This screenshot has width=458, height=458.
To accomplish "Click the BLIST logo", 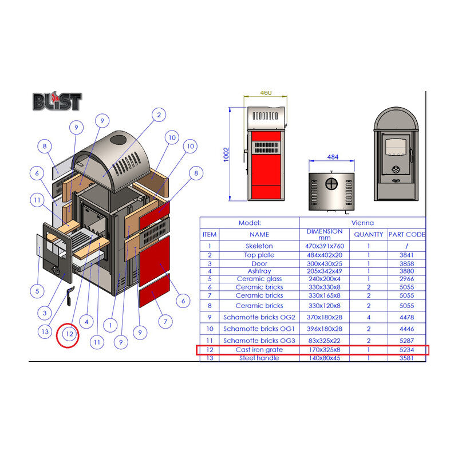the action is pos(57,101).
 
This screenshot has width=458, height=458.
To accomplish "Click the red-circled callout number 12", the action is pos(69,334).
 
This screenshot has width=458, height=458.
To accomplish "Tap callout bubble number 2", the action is pos(159,115).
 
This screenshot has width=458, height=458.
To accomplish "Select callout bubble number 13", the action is pos(45,332).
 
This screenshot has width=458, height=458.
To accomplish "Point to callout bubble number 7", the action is pos(165,322).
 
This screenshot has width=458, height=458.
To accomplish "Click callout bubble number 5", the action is pos(37,291).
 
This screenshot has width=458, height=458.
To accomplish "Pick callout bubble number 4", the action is pos(86,322).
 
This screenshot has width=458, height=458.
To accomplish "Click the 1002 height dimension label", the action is pos(226,155).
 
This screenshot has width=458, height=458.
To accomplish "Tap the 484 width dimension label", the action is pos(333,157).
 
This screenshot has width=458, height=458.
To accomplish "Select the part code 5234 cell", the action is pos(406,350).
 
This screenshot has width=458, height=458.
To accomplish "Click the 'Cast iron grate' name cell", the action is pos(259,350).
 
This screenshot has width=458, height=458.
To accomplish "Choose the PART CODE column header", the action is pos(406,235).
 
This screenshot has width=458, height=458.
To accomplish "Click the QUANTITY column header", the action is pos(368,235).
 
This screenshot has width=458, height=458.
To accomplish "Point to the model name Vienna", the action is pos(362,223).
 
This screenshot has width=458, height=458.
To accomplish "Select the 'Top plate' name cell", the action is pos(259,255).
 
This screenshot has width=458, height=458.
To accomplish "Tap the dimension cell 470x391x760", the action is pos(325,246).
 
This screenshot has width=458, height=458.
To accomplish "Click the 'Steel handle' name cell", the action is pos(259,358).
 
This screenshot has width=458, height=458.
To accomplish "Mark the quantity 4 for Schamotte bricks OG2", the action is pos(369,317).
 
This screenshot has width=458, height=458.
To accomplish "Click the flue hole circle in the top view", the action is pos(331,184).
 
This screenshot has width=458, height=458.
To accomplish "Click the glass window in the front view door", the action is pos(396,147).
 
